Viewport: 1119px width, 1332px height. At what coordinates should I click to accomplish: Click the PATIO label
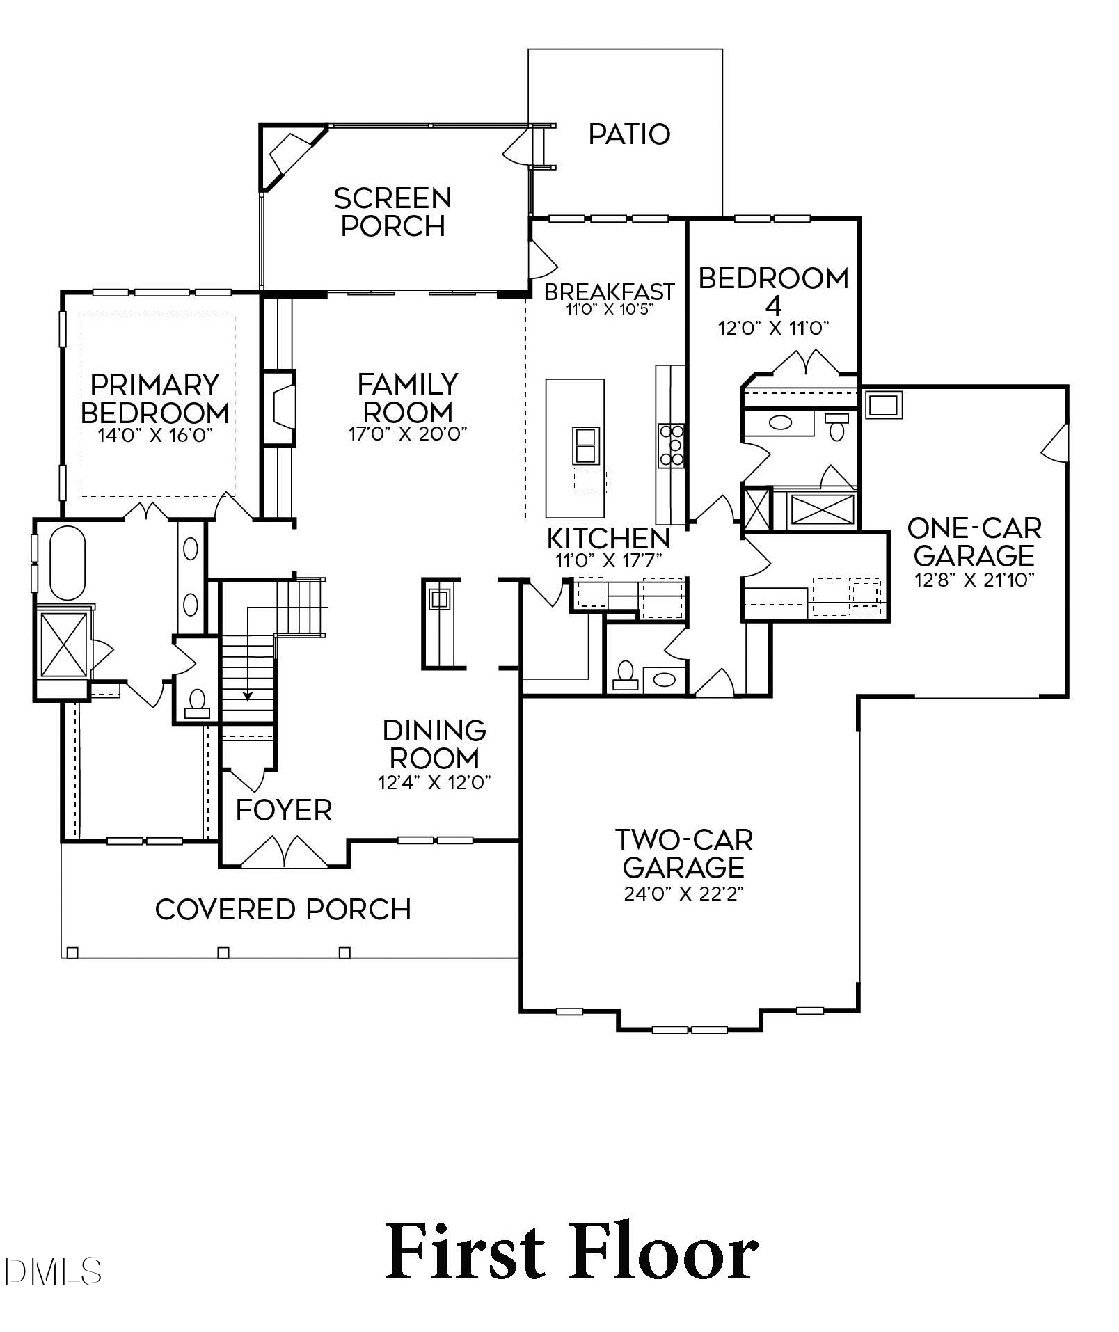click(x=629, y=134)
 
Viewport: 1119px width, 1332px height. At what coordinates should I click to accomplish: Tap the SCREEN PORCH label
click(x=392, y=212)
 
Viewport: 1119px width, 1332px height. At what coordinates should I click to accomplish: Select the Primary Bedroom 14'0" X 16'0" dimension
click(x=155, y=435)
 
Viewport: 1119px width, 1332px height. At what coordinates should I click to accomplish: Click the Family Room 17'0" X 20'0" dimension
click(x=408, y=434)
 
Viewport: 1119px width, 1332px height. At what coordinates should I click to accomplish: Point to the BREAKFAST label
click(x=609, y=292)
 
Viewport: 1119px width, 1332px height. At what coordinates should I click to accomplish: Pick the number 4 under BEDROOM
click(x=773, y=306)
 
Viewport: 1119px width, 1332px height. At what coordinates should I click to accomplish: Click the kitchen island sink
click(x=584, y=445)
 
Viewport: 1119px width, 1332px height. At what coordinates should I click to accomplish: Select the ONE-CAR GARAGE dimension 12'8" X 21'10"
click(x=974, y=580)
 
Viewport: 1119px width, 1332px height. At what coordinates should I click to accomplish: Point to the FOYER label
click(x=283, y=810)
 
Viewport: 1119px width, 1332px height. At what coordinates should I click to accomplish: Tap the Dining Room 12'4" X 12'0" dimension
click(x=434, y=783)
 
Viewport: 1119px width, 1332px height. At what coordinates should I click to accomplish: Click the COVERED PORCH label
click(x=283, y=910)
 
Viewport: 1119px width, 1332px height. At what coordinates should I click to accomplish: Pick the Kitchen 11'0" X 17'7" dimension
click(x=608, y=560)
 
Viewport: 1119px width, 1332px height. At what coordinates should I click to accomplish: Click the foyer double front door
click(x=284, y=853)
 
